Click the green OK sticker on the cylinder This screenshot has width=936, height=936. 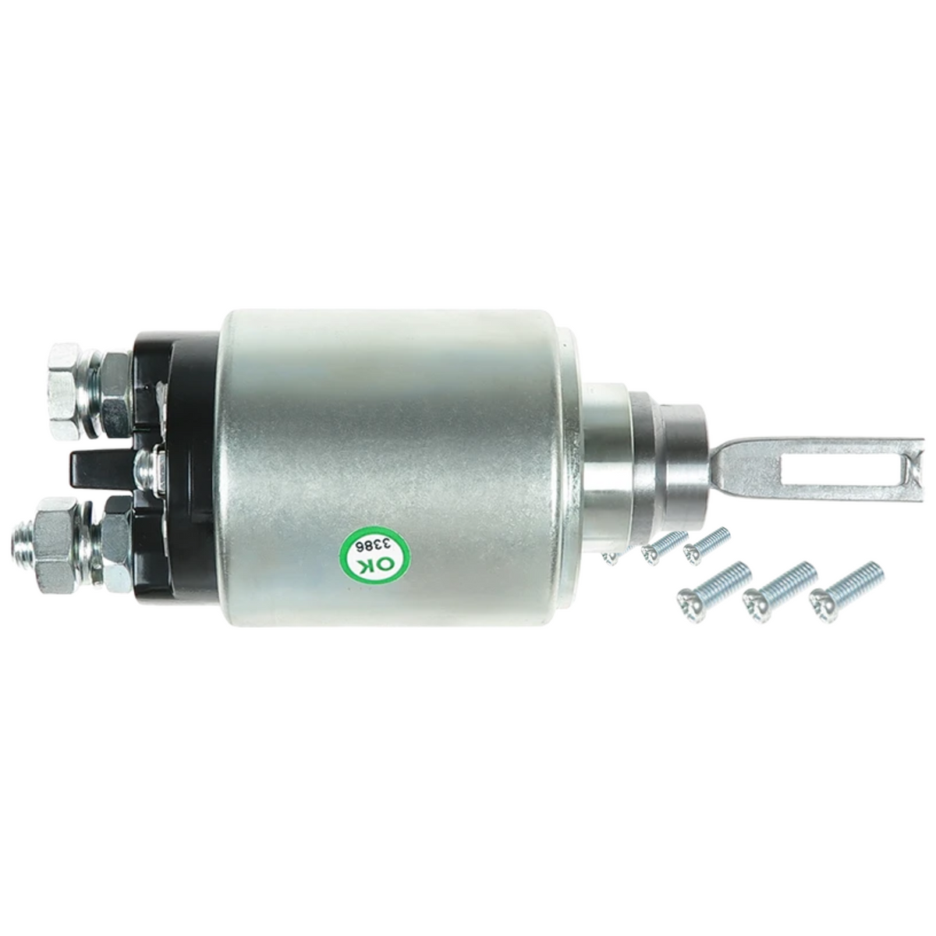click(374, 555)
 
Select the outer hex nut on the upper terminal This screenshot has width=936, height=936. click(65, 377)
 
